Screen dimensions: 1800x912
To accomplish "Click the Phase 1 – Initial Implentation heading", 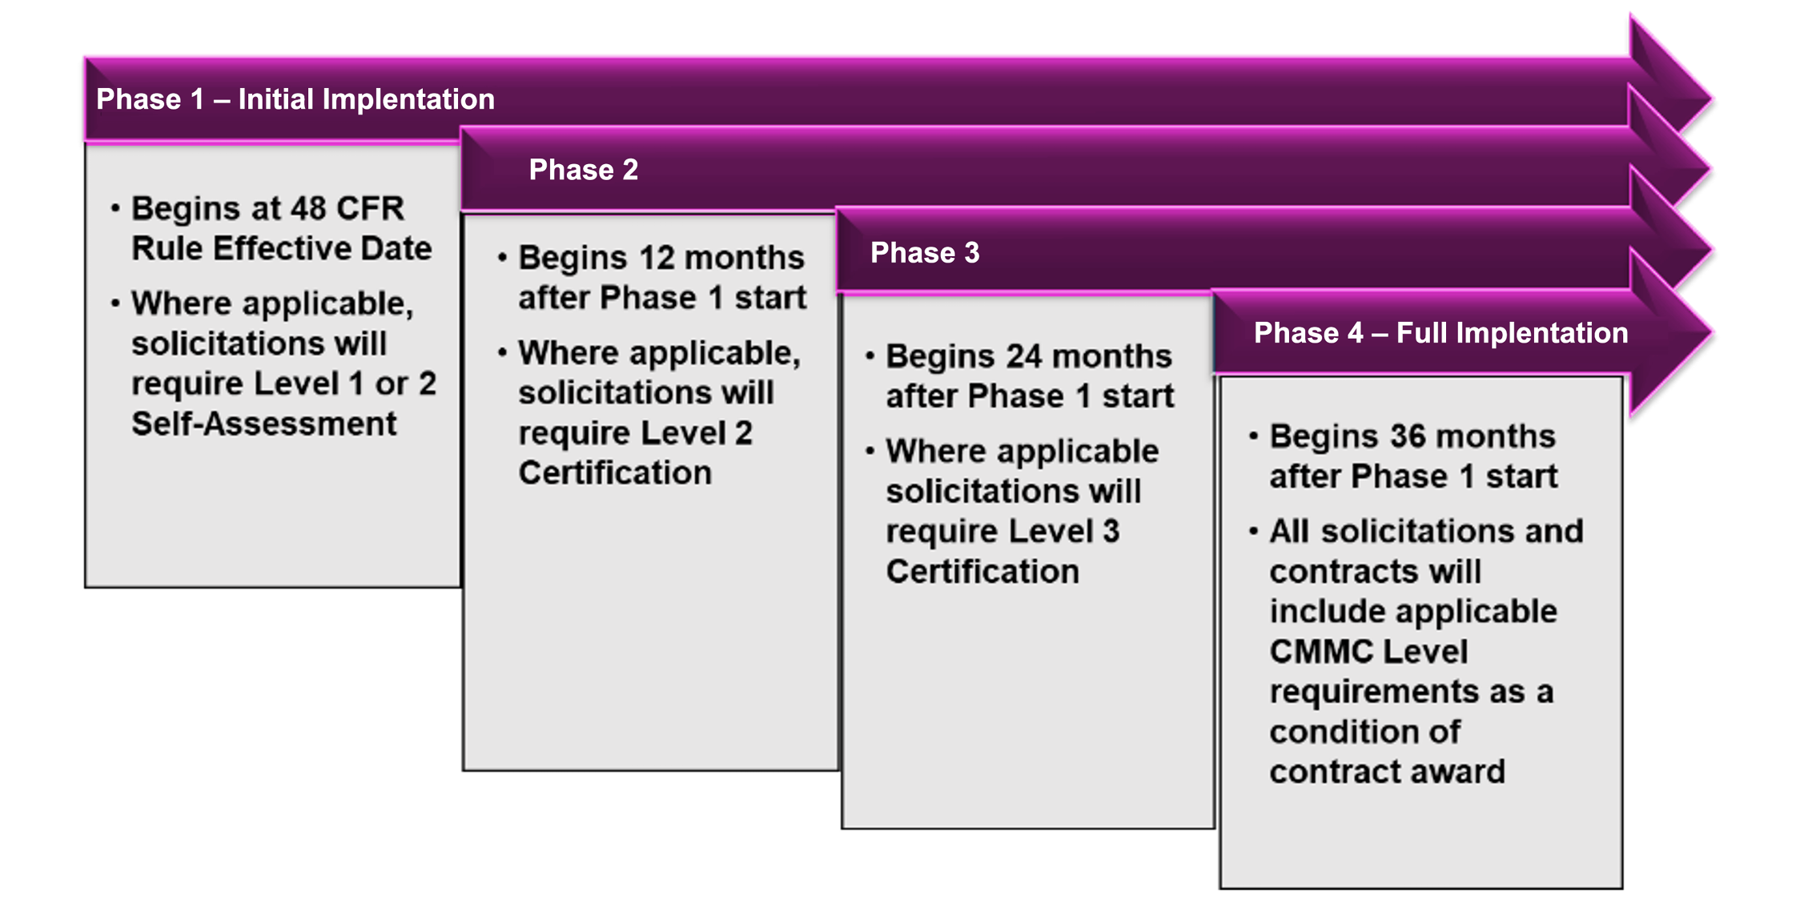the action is tap(295, 99).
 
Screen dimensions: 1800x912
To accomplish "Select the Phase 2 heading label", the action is tap(584, 170).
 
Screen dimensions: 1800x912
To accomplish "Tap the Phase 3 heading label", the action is tap(925, 253).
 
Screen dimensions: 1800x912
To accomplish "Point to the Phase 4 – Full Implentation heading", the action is tap(1441, 333).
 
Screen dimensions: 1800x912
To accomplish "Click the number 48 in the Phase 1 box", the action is tap(308, 208).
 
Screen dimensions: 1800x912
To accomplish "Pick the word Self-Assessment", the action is tap(264, 424).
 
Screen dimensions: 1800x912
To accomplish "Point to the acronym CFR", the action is tap(371, 208).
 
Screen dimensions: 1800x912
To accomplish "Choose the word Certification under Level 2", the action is tap(615, 472).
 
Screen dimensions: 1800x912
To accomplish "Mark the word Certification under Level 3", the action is tap(982, 571).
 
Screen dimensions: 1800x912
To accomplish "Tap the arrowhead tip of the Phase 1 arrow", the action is tap(1712, 99).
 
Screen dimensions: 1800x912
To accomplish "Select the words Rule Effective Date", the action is tap(282, 248).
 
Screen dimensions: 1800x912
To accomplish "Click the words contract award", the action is tap(1388, 772).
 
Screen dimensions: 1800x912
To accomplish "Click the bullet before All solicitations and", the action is tap(1253, 531).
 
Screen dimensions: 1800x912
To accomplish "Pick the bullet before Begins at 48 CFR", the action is tap(115, 208).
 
